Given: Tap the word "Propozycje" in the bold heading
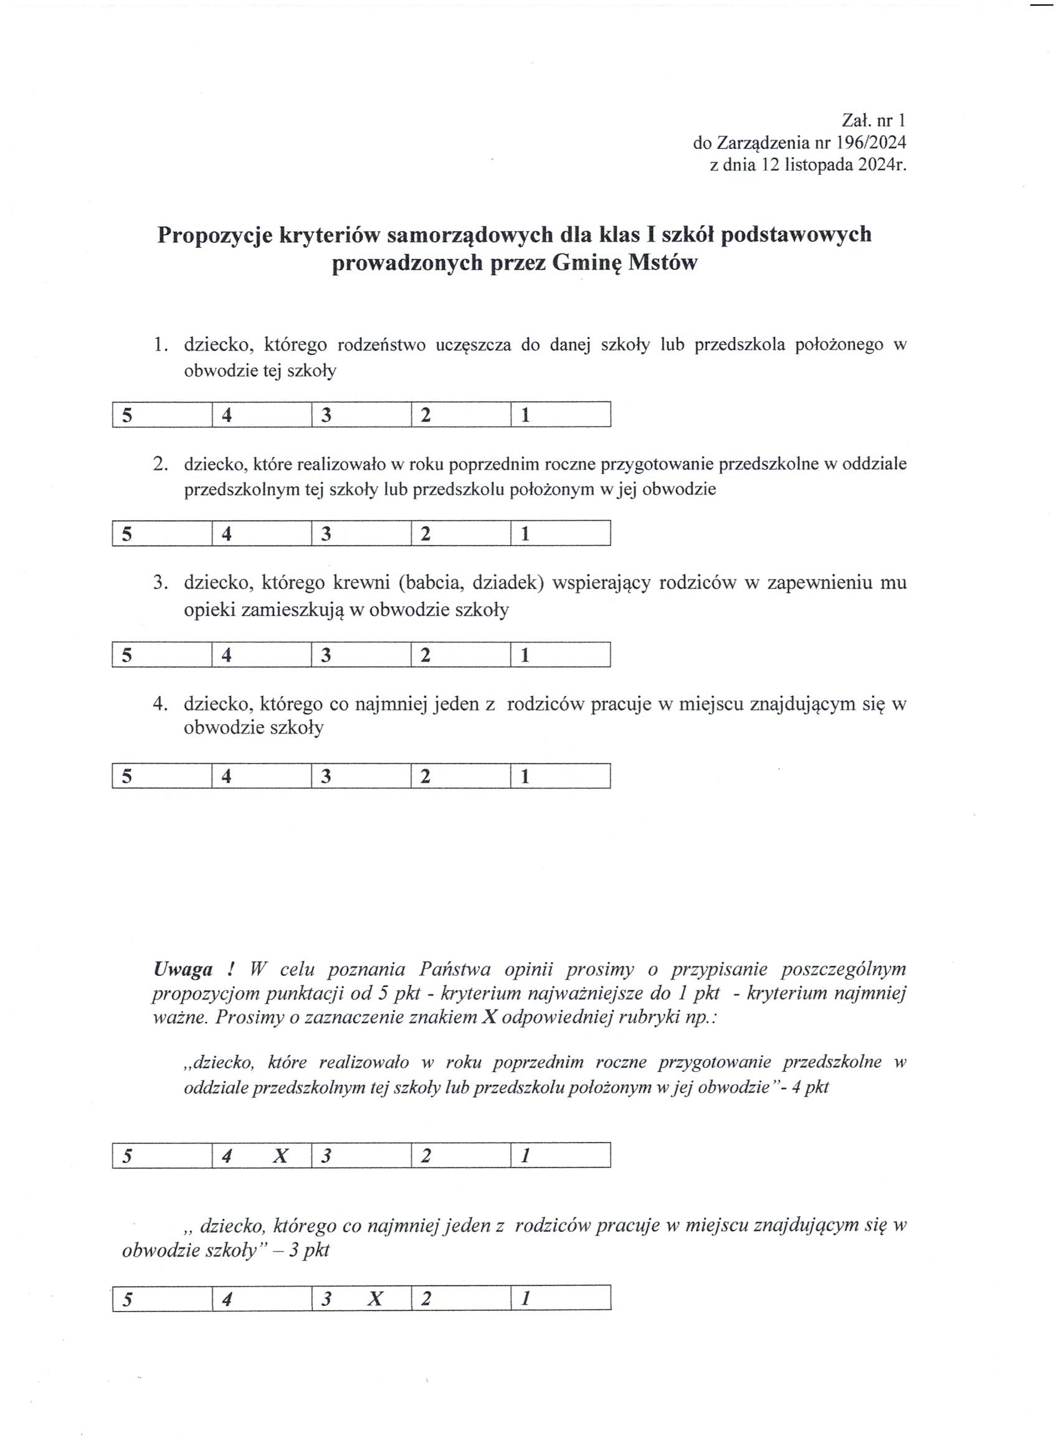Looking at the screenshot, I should point(214,234).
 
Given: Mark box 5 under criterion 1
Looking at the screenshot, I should point(162,415).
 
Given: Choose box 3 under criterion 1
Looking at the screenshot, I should point(361,415).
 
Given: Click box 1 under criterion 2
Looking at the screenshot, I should point(560,534).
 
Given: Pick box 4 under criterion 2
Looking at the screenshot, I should point(262,534).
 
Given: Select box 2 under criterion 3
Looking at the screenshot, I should point(460,655).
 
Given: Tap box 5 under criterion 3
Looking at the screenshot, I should point(162,655).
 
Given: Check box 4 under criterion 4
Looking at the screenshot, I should point(262,776).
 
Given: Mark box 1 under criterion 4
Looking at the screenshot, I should point(560,776).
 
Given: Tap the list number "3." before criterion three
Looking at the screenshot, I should point(161,583).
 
